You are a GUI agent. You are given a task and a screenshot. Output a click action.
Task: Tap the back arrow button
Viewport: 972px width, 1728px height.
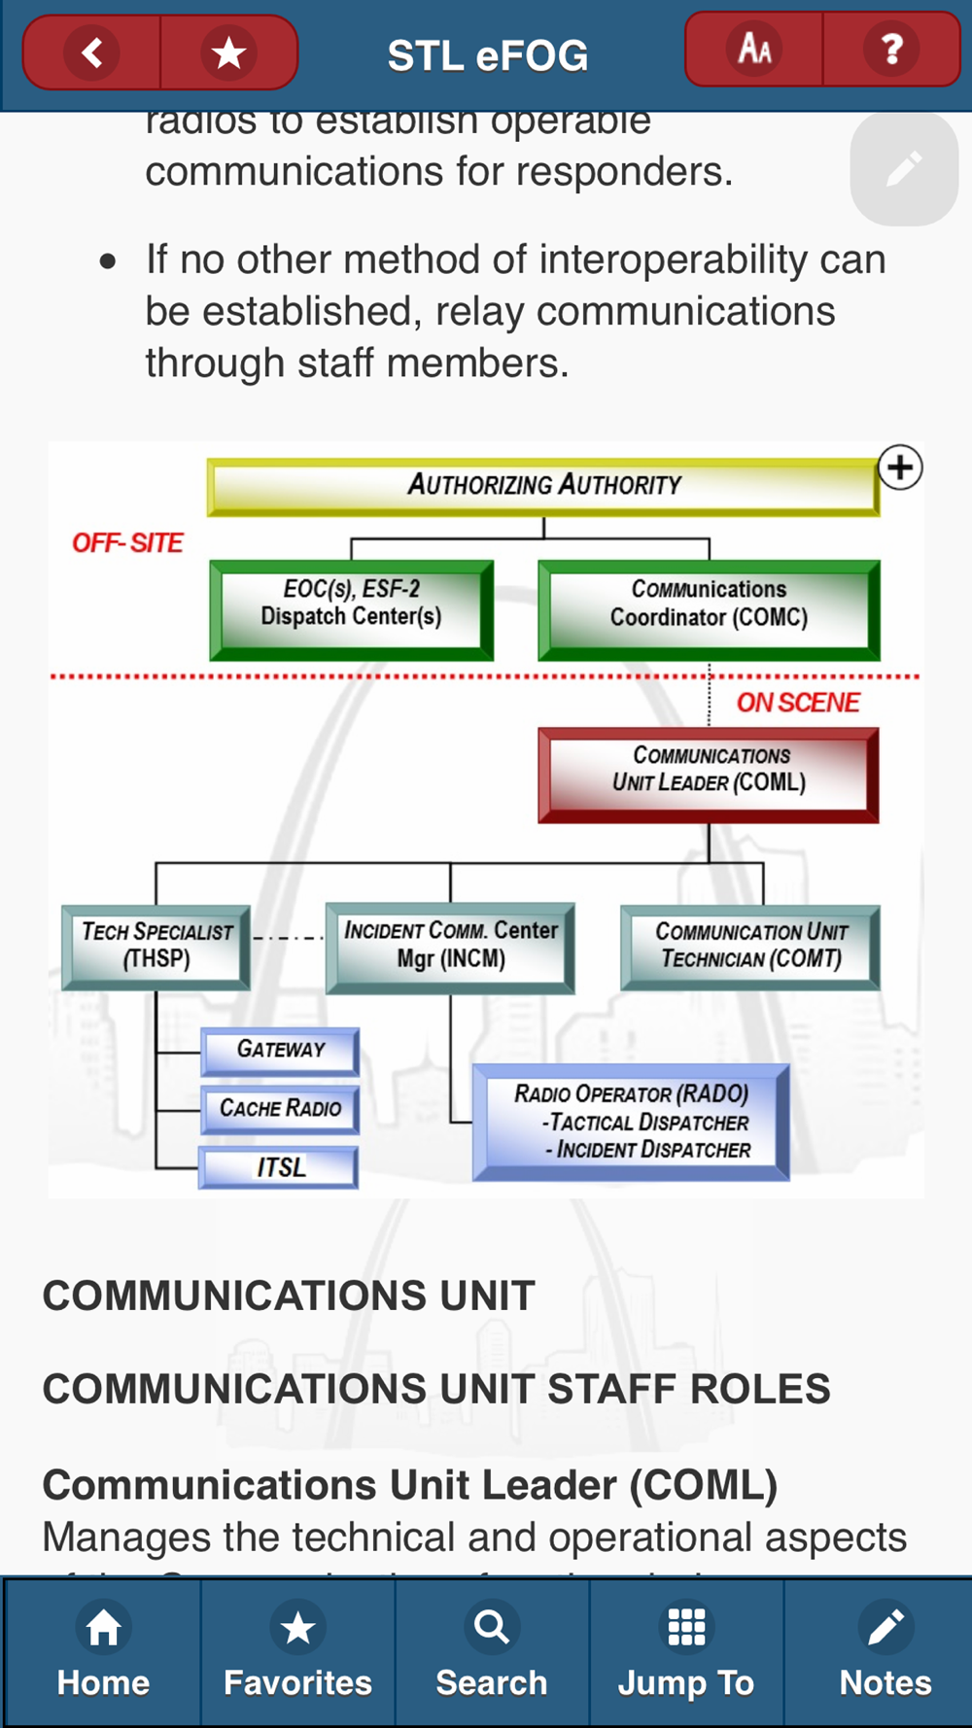tap(92, 52)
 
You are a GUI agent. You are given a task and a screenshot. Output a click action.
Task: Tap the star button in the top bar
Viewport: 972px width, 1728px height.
tap(229, 52)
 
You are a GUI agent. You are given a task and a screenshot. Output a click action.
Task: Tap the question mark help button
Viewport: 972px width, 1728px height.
tap(891, 49)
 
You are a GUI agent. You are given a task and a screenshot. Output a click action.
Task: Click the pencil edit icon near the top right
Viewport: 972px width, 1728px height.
tap(904, 169)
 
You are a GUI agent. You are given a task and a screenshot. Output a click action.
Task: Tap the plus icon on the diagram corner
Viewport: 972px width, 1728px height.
tap(900, 467)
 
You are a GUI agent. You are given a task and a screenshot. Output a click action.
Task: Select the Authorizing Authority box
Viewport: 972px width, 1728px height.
tap(543, 485)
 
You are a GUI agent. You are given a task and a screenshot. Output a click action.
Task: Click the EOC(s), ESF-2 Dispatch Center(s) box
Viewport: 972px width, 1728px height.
tap(351, 609)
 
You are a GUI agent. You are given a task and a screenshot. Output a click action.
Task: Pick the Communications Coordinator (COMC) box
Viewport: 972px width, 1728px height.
tap(709, 609)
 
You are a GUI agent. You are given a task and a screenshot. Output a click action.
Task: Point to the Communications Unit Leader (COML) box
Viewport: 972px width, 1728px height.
tap(709, 775)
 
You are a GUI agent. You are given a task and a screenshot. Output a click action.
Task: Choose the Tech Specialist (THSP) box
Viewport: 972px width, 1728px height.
tap(156, 947)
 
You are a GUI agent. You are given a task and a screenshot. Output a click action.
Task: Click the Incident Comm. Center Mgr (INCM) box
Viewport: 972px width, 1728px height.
tap(450, 947)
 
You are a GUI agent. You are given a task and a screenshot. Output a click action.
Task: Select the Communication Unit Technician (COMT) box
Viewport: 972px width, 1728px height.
tap(750, 947)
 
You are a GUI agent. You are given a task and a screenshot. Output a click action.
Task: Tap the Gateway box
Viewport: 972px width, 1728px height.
tap(280, 1051)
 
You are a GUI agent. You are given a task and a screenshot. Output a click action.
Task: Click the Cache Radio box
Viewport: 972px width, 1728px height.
tap(280, 1109)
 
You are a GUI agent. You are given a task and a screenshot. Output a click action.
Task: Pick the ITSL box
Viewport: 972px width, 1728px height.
tap(279, 1167)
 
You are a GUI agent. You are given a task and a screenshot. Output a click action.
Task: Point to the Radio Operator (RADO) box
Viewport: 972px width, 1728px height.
tap(631, 1123)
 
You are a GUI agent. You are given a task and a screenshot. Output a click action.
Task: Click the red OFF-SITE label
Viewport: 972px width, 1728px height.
tap(127, 543)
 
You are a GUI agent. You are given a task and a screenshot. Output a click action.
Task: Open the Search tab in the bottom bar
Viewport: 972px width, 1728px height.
tap(492, 1652)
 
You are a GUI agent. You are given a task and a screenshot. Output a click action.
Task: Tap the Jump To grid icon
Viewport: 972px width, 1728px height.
tap(686, 1628)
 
